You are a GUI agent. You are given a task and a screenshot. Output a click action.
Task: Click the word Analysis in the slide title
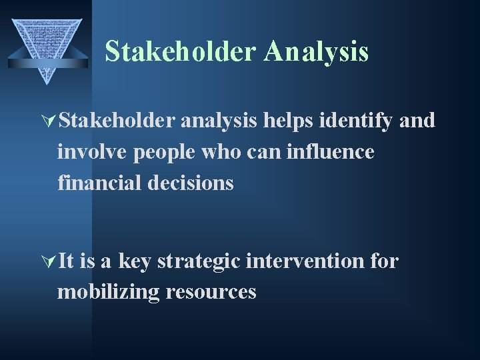tap(315, 52)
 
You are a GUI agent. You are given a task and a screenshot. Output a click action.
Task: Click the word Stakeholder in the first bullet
tap(117, 121)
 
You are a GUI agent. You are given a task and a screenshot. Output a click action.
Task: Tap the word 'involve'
tap(93, 152)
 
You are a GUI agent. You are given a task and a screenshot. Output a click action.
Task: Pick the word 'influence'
tap(331, 152)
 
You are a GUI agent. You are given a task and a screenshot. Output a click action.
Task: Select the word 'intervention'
tap(305, 261)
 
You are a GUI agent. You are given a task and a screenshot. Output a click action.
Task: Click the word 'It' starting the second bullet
tap(66, 261)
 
